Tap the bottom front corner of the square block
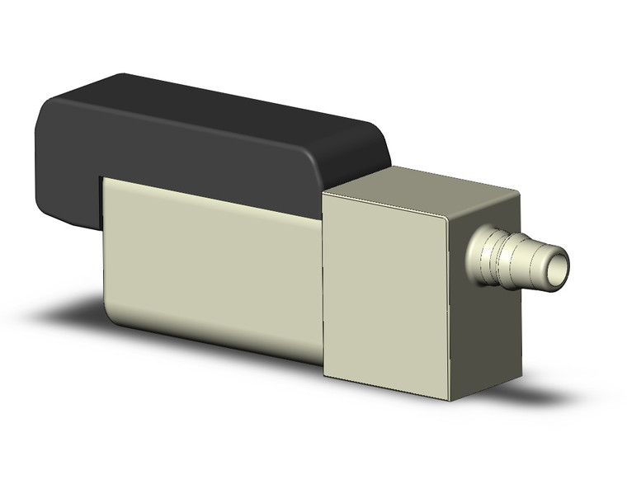click(x=450, y=400)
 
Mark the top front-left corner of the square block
click(x=324, y=192)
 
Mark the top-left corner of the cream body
click(x=103, y=180)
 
